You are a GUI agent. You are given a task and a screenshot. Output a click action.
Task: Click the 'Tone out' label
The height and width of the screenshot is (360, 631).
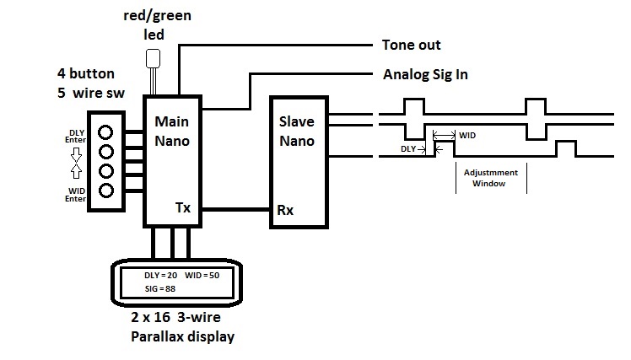click(x=412, y=45)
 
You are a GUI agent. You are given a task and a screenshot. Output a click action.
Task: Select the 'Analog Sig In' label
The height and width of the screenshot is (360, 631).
click(x=425, y=74)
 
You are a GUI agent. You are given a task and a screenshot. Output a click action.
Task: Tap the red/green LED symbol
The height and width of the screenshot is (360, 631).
click(x=153, y=59)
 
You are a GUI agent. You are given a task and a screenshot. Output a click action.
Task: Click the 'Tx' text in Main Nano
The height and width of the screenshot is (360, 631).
click(x=183, y=207)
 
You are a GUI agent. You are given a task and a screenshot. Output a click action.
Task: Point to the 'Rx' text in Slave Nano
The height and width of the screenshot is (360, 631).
click(x=285, y=210)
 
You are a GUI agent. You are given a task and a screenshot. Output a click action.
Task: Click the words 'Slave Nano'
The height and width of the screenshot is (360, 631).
click(x=297, y=132)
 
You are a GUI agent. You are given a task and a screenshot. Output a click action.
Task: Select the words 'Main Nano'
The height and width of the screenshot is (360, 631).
click(x=172, y=132)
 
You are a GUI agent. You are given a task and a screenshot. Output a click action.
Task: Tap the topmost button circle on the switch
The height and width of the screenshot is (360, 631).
click(x=105, y=132)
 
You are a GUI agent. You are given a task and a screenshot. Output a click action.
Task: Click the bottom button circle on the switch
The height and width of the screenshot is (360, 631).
click(x=105, y=191)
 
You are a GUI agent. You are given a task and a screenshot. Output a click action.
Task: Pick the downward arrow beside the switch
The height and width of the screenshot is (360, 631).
click(x=76, y=154)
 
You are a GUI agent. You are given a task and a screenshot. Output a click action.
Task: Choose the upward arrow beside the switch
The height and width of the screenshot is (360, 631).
click(x=76, y=171)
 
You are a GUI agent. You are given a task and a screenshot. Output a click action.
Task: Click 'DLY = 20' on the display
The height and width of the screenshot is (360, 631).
click(x=160, y=276)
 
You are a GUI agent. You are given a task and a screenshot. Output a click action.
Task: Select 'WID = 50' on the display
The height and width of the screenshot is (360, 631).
click(x=202, y=276)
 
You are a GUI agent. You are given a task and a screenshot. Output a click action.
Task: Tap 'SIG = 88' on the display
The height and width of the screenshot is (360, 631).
click(x=160, y=289)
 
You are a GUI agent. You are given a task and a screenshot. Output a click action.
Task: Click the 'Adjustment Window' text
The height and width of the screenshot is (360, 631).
click(x=491, y=178)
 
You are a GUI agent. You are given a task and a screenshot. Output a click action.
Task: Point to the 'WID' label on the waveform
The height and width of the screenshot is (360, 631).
click(x=467, y=136)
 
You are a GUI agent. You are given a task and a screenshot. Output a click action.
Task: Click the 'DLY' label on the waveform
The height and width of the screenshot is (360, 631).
click(x=408, y=149)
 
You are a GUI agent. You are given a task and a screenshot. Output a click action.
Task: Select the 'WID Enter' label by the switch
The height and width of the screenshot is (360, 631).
click(x=76, y=195)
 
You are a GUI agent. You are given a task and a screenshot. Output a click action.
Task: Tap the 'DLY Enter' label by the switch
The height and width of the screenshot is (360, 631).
click(x=76, y=137)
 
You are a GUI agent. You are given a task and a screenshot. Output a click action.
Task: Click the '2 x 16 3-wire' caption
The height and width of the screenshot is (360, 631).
click(x=175, y=317)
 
